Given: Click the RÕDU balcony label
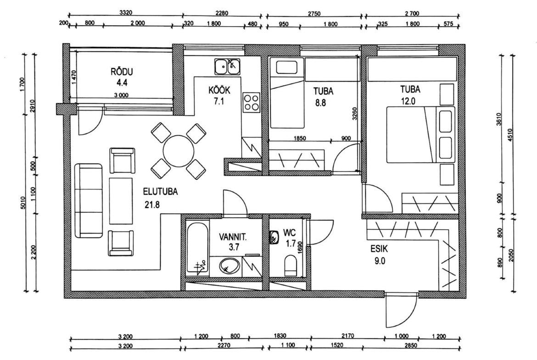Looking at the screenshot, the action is coord(122,72).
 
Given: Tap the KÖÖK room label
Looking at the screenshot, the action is coord(219,90).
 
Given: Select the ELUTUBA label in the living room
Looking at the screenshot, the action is coord(160,192).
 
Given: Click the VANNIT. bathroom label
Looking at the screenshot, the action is coord(233,237).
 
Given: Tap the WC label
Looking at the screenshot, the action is coord(290,233).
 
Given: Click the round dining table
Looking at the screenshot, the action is coord(179,151).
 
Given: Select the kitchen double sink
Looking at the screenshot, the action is coord(227,66).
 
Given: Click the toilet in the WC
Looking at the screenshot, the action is coord(291,265).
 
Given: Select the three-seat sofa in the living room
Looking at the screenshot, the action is coord(89,200).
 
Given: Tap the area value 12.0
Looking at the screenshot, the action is coord(408,101).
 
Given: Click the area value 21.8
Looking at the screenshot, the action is coord(152,205).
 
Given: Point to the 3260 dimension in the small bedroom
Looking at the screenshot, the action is coord(355,114).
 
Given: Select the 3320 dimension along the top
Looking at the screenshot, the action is coord(126,13).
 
